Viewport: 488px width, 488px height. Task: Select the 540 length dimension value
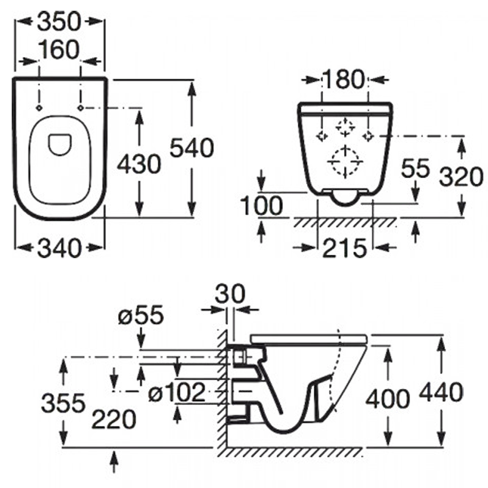click(192, 148)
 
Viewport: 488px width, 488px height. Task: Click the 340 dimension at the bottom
click(60, 249)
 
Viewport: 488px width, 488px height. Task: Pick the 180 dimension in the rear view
click(344, 80)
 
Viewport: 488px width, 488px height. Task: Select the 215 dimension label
click(344, 249)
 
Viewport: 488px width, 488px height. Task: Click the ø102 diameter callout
click(177, 393)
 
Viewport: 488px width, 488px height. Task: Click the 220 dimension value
click(114, 419)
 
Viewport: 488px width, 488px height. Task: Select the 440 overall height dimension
click(441, 392)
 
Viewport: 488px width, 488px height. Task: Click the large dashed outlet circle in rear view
click(346, 160)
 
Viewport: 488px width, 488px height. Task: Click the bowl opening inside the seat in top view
click(60, 142)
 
